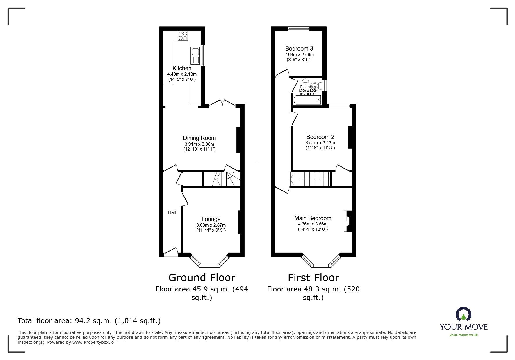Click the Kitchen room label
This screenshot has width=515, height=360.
tap(182, 68)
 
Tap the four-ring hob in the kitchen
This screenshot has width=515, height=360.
tap(183, 35)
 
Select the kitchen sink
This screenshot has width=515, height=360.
tap(195, 52)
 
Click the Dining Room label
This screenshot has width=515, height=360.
tap(199, 138)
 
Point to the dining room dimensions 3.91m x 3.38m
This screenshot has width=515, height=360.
tap(199, 144)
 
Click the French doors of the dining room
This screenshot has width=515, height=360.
tap(222, 103)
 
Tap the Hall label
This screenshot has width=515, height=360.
tap(172, 212)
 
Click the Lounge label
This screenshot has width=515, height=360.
tap(211, 219)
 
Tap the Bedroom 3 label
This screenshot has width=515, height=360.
tap(299, 49)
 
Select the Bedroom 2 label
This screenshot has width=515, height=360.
tap(320, 137)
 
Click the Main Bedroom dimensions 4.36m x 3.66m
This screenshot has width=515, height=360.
tap(313, 224)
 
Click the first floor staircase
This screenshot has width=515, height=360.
tap(311, 179)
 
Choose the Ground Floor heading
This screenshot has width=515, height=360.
tap(202, 278)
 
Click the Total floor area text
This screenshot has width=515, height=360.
tap(89, 321)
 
